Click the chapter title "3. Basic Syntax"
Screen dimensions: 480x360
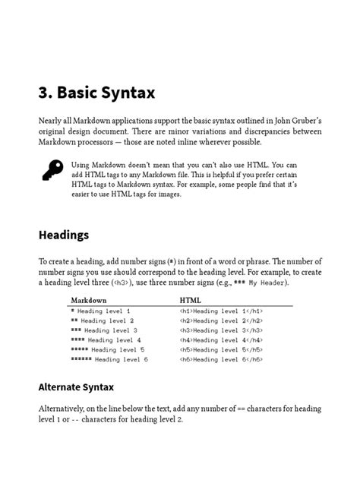(x=96, y=93)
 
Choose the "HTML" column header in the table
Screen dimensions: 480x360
(x=190, y=301)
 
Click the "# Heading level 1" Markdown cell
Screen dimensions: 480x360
(x=100, y=311)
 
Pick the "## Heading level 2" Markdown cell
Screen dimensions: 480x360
(x=102, y=321)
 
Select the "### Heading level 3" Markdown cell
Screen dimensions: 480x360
(x=104, y=330)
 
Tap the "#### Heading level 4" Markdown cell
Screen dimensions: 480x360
(x=106, y=339)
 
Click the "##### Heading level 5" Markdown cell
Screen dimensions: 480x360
(x=108, y=349)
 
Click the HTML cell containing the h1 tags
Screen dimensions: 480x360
(x=222, y=311)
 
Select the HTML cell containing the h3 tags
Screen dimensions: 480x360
(x=222, y=330)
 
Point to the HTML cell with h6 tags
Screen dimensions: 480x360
(x=222, y=358)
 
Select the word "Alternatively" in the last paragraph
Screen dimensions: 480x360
(x=67, y=409)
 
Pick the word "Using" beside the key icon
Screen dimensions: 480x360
(x=81, y=164)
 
